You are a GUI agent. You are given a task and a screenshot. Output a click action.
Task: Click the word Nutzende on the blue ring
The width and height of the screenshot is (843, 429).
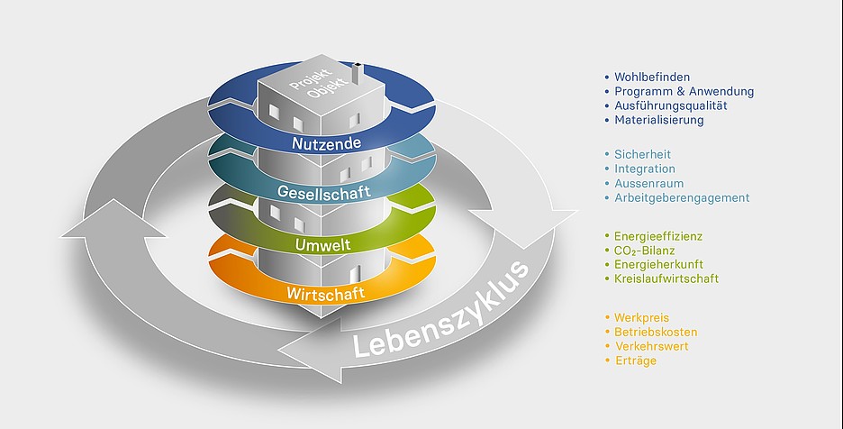pos(326,143)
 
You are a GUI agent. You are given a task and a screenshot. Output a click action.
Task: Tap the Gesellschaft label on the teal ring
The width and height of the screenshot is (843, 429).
pos(322,193)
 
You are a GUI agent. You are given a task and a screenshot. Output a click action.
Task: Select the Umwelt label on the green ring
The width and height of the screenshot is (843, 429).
pos(322,244)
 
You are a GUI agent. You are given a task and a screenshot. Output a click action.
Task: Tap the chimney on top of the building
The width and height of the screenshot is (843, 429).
pos(356,72)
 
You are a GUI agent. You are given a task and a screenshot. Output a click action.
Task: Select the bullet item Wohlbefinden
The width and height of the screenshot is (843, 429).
pos(652,78)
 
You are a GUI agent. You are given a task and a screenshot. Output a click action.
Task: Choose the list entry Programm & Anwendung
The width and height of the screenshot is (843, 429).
pos(684,92)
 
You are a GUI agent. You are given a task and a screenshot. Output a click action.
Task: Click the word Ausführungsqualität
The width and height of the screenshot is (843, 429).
pos(670,105)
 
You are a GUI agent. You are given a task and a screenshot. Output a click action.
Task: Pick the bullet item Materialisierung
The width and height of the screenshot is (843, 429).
pos(658,120)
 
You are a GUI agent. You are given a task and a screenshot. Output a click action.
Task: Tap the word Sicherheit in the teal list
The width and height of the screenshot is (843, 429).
pos(642,155)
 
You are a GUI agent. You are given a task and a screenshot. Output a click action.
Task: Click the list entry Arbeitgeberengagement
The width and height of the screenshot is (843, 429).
pos(681,197)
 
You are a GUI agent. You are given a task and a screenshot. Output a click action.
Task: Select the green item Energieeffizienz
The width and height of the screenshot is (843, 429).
pos(657,236)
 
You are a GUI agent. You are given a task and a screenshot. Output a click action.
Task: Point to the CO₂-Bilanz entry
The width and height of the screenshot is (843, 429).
pos(645,251)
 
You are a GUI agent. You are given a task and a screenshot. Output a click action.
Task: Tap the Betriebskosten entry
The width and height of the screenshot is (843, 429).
pos(656,333)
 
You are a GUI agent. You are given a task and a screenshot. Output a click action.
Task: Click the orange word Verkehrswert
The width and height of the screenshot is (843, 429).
pos(651,346)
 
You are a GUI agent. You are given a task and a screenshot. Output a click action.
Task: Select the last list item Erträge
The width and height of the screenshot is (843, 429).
pos(635,361)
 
